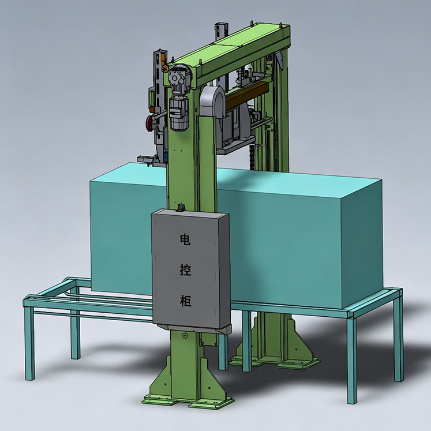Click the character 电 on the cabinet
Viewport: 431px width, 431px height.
[185, 239]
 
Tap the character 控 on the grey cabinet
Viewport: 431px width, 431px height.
[185, 269]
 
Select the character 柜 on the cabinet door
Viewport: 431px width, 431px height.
[185, 301]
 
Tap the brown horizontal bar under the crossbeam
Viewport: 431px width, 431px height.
[246, 93]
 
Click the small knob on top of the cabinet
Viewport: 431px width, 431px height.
[181, 207]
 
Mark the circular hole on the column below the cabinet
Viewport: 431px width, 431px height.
[185, 335]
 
